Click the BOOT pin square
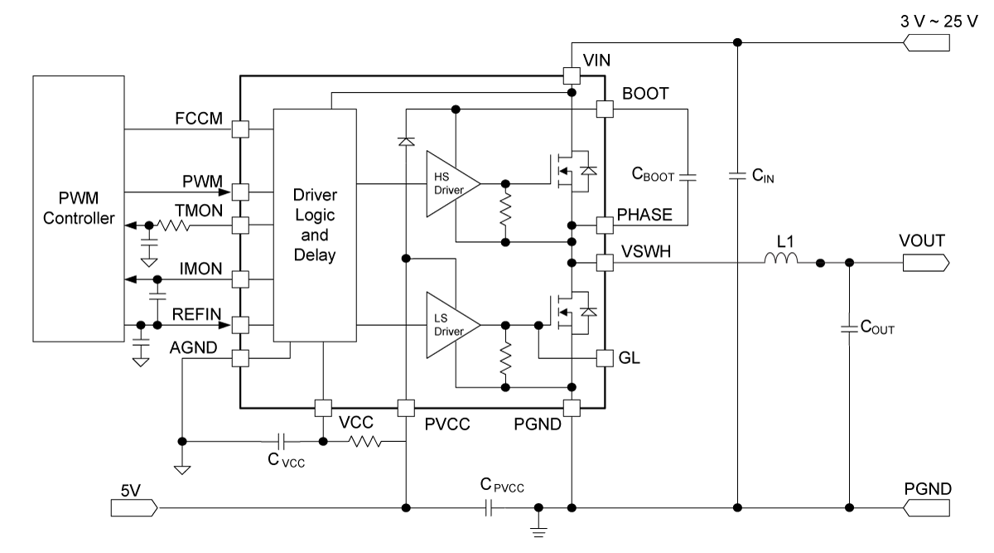[605, 109]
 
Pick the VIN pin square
[572, 75]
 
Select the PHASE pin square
[605, 226]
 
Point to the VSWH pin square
[605, 263]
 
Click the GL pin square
[605, 358]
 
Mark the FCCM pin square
[240, 129]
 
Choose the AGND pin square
[240, 358]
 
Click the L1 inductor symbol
[781, 258]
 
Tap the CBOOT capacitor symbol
[688, 177]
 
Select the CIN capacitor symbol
[737, 176]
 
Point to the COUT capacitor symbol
[849, 329]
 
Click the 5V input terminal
[134, 507]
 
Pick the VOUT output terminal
[926, 263]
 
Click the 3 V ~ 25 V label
[939, 22]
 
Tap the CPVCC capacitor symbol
[489, 507]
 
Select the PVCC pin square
[406, 408]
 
